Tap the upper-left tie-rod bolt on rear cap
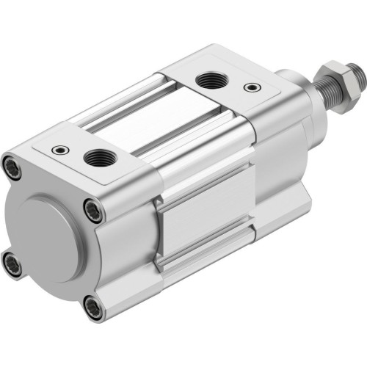[12, 164]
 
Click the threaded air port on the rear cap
[95, 156]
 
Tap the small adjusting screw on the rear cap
[57, 150]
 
